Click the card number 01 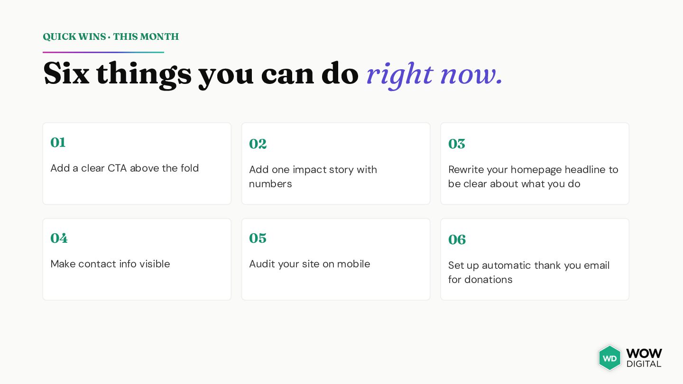58,142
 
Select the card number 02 258,144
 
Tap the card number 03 456,144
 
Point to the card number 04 59,238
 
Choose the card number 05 258,238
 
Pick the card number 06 457,239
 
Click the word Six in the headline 66,73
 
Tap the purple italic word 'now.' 471,75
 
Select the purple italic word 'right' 400,75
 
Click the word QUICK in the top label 59,37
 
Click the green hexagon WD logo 609,358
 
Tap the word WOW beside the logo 644,354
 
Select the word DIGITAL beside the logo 644,364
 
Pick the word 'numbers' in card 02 270,184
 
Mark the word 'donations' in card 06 489,280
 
